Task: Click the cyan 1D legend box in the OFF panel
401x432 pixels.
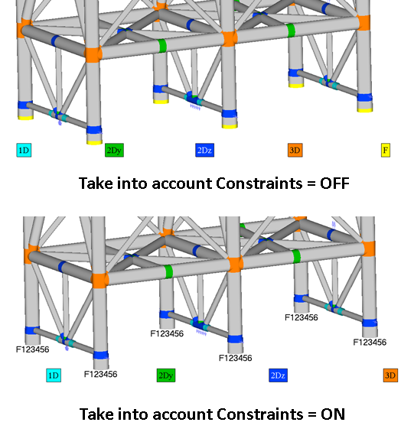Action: click(23, 150)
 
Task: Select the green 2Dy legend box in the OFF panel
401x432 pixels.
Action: click(114, 150)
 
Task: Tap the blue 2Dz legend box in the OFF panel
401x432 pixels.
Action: click(204, 150)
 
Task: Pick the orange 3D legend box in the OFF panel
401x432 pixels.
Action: click(295, 150)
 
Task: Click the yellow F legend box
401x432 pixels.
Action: click(386, 150)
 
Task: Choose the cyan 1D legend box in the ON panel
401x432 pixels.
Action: click(53, 375)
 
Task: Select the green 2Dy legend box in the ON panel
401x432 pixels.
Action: click(165, 375)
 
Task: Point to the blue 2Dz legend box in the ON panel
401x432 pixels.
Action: click(278, 375)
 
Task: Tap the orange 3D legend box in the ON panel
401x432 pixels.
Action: click(390, 375)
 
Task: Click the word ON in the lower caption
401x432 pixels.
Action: click(332, 414)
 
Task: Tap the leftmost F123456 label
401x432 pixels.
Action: click(33, 349)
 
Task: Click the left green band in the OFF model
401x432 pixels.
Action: click(162, 45)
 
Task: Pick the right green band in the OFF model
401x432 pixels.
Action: click(291, 31)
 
